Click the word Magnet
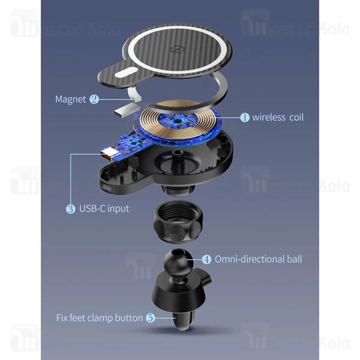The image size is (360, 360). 70,100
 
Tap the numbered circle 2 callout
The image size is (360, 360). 94,99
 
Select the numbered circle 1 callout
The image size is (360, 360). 245,118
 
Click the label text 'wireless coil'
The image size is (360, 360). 278,118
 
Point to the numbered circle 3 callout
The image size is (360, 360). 70,209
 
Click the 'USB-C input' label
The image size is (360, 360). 104,208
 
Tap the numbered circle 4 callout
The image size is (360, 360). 206,259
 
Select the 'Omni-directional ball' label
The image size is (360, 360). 258,259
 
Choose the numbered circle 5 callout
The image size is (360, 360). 151,318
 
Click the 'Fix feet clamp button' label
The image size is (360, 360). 100,318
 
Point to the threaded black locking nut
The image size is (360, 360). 178,221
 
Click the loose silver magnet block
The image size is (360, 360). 127,110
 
